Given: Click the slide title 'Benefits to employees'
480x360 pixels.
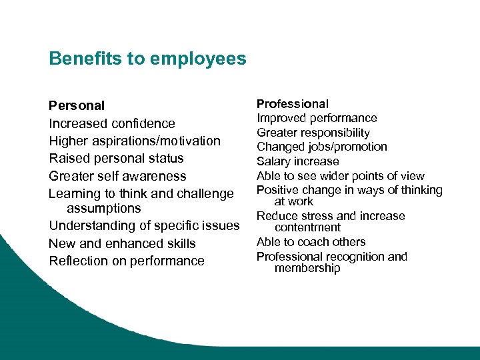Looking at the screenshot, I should coord(147,59).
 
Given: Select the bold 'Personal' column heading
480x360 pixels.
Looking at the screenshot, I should coord(77,105).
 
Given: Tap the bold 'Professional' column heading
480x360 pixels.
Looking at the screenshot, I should coord(293,104).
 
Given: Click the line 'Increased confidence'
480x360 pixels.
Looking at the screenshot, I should coord(112,123).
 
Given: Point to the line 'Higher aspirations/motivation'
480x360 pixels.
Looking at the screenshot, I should coord(135,141).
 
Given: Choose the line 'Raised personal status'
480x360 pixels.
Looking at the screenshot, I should coord(116,158).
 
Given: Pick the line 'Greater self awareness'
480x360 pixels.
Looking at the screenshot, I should coord(117,176).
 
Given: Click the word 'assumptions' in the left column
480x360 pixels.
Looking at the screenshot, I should coord(103,208).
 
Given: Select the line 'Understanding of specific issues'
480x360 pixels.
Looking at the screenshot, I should coord(144,225).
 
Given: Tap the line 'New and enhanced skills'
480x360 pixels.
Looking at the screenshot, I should coord(122,243).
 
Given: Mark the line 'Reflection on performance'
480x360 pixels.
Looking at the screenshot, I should coord(127,261).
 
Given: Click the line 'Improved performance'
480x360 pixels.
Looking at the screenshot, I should coord(317,118).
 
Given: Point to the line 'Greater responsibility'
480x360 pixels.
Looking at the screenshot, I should coord(313,133).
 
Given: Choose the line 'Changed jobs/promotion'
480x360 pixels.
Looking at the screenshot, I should coord(321,147).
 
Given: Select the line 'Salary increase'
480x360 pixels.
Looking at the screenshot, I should coord(298,161).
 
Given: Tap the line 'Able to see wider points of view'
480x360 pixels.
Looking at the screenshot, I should coord(341,176).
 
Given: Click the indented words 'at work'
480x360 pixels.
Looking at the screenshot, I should coord(294,201).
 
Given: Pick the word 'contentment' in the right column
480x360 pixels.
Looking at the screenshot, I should coord(307,227).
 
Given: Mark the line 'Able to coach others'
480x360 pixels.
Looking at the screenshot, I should coord(311,242).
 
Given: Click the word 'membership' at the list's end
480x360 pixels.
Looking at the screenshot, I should coord(307,268).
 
